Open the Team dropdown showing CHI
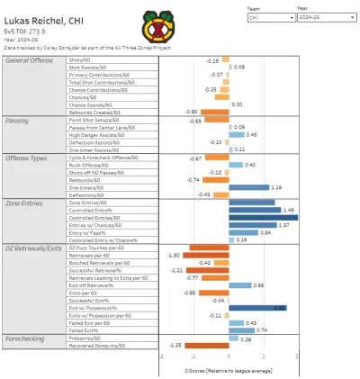[271, 15]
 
